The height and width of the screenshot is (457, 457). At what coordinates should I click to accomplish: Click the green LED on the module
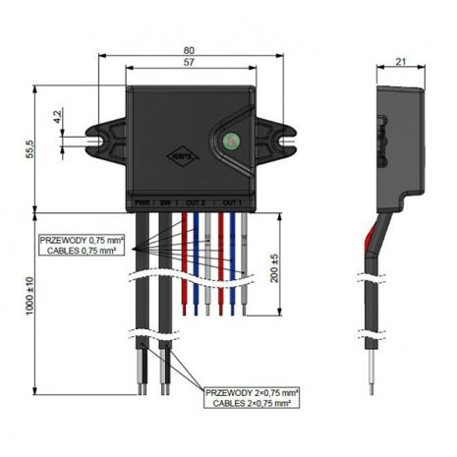click(x=233, y=140)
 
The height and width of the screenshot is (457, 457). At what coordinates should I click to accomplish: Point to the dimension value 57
click(x=190, y=63)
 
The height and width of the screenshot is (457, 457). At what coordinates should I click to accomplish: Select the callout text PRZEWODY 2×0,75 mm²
click(x=252, y=391)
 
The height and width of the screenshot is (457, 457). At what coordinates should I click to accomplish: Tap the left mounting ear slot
click(x=99, y=140)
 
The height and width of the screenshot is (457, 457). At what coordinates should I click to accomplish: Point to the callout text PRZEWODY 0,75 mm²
click(x=83, y=241)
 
